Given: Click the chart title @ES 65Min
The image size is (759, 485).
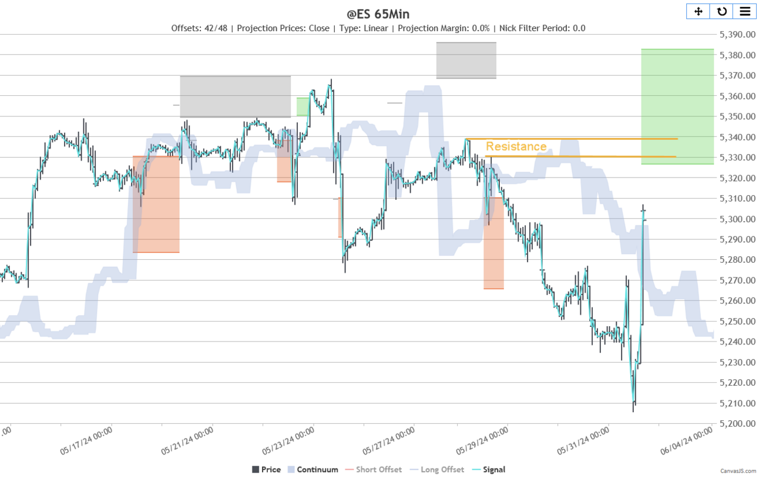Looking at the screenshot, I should (x=378, y=14).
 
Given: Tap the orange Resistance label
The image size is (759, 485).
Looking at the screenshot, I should (x=516, y=146).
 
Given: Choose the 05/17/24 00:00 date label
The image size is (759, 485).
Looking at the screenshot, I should (x=86, y=441).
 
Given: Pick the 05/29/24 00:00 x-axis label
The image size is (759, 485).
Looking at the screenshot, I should (x=482, y=441).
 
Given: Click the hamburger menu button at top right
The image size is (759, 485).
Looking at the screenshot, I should (x=744, y=11).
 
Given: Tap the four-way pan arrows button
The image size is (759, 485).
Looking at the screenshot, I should (x=698, y=11).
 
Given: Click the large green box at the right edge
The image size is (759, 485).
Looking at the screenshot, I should (x=677, y=106).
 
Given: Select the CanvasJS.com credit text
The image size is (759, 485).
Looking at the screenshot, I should (x=738, y=471).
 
